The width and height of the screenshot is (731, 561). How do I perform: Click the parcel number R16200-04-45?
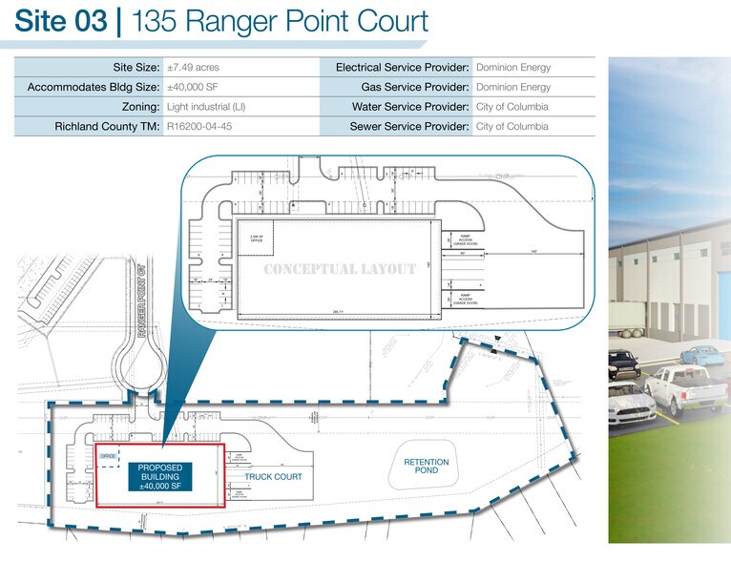[199, 126]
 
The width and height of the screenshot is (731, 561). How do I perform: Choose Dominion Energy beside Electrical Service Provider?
[512, 68]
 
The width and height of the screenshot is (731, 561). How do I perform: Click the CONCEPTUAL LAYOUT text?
[339, 269]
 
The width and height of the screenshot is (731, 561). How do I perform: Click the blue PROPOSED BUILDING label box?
[160, 476]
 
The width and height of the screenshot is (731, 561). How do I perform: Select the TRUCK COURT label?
[273, 476]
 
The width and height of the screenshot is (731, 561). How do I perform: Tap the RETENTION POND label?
[426, 467]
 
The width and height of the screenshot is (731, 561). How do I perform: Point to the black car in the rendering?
[621, 363]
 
